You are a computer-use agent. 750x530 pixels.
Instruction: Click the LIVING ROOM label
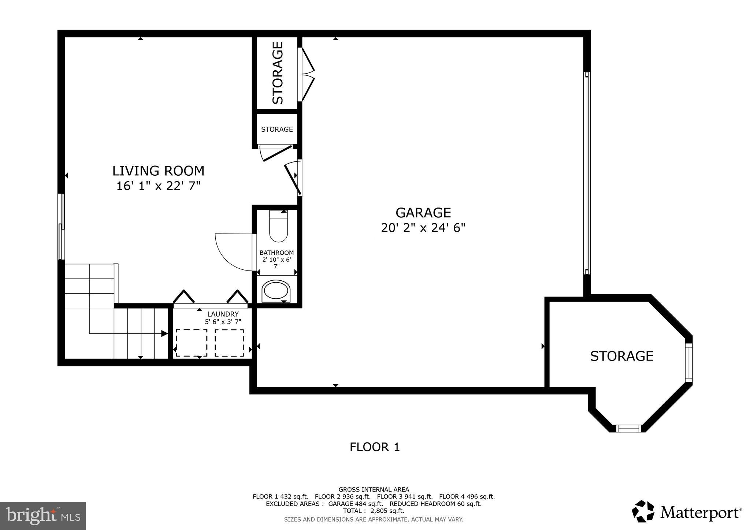158,171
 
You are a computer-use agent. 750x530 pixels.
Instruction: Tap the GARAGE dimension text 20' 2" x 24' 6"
423,228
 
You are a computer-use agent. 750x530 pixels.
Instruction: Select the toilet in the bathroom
278,227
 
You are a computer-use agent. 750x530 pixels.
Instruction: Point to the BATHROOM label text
276,253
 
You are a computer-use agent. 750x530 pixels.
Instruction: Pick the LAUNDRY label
223,314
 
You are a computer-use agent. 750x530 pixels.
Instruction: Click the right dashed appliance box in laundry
229,343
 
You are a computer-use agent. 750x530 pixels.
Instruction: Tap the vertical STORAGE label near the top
278,73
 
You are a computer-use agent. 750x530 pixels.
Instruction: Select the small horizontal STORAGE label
277,129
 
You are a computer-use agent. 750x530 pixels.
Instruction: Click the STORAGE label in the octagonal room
621,356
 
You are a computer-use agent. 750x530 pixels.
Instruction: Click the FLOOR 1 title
374,447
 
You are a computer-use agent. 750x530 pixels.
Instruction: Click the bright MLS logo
43,516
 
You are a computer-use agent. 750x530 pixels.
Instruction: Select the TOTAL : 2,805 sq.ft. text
374,511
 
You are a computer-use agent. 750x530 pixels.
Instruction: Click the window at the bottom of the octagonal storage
629,428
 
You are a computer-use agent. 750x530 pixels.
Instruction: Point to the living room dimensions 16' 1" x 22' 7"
158,186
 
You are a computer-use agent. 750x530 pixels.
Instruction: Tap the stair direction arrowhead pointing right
164,333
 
